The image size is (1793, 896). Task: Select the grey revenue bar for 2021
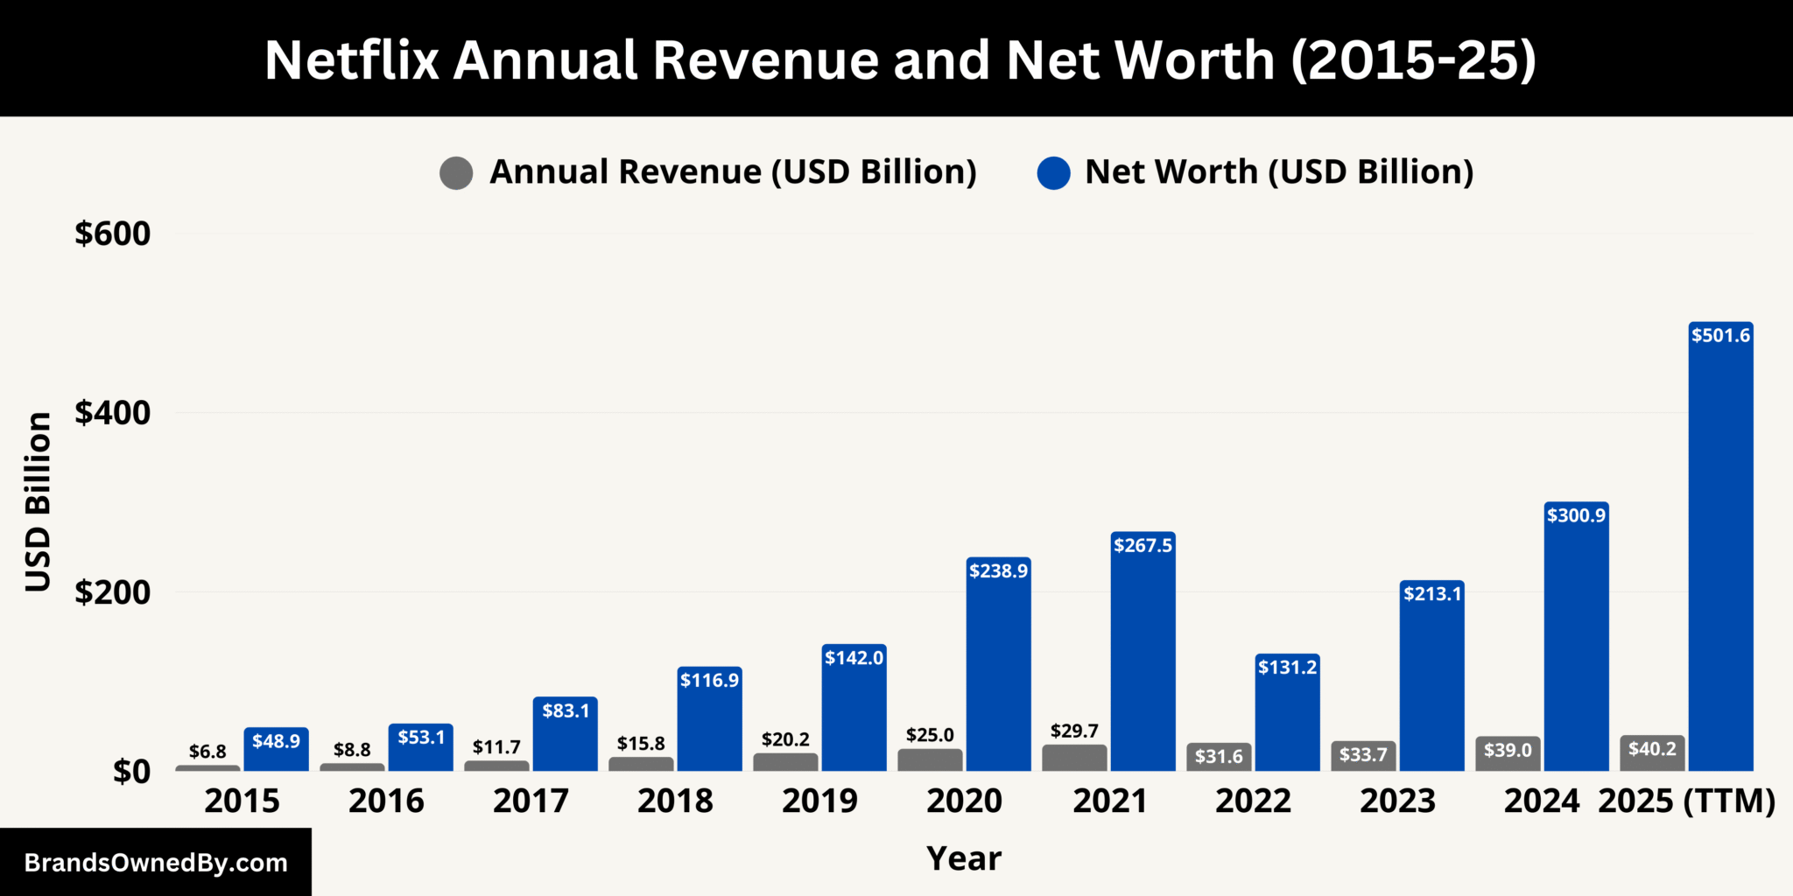pos(1074,758)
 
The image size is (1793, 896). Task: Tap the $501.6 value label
pos(1720,335)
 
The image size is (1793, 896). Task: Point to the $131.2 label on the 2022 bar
pos(1287,667)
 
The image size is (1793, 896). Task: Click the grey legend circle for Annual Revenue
pos(456,172)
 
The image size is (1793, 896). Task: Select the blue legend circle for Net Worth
pos(1053,172)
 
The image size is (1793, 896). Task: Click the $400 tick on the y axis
pos(112,413)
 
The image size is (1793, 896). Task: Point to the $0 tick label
pos(131,772)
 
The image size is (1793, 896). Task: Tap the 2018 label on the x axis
pos(675,801)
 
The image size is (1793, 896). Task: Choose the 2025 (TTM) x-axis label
pos(1686,801)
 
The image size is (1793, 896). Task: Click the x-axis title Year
pos(963,858)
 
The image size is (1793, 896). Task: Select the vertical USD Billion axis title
pos(38,501)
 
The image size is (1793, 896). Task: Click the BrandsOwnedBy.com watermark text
pos(156,863)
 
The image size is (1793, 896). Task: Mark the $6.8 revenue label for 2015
pos(207,752)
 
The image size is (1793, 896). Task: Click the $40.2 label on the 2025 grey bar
pos(1652,749)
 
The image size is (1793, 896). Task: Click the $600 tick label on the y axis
pos(112,234)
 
